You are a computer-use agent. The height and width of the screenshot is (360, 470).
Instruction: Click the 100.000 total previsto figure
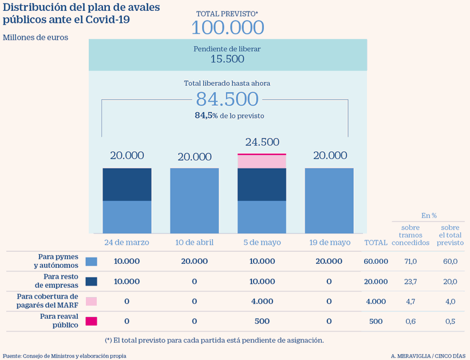pyautogui.click(x=227, y=27)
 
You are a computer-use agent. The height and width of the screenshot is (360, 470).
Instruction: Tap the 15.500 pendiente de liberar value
pyautogui.click(x=227, y=59)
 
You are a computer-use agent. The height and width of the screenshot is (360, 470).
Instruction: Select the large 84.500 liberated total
pyautogui.click(x=227, y=99)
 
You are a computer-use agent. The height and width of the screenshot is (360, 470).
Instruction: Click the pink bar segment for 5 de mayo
pyautogui.click(x=262, y=161)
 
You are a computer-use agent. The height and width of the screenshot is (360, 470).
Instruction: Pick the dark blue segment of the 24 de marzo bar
pyautogui.click(x=127, y=184)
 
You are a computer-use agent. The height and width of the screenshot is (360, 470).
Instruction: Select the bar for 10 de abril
pyautogui.click(x=195, y=200)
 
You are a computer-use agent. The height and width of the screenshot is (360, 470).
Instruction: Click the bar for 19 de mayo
pyautogui.click(x=329, y=200)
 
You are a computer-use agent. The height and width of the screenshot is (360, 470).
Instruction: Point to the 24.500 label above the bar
pyautogui.click(x=262, y=142)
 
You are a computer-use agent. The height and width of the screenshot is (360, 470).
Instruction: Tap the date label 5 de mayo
pyautogui.click(x=262, y=242)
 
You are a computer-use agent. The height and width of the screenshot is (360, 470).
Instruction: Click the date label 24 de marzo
pyautogui.click(x=127, y=242)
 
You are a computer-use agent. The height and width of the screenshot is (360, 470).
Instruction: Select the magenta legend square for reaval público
pyautogui.click(x=91, y=321)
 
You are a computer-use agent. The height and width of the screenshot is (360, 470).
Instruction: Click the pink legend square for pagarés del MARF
pyautogui.click(x=91, y=301)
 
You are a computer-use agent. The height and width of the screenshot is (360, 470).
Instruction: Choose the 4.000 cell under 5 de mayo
pyautogui.click(x=262, y=301)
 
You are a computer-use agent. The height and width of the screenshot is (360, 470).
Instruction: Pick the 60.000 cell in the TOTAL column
pyautogui.click(x=376, y=261)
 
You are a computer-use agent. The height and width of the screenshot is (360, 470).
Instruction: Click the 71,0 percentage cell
pyautogui.click(x=410, y=261)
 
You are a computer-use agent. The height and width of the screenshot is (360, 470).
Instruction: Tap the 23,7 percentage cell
pyautogui.click(x=410, y=281)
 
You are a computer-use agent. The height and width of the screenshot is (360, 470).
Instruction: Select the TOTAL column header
pyautogui.click(x=376, y=243)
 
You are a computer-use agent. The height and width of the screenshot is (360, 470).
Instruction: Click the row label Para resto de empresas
pyautogui.click(x=56, y=281)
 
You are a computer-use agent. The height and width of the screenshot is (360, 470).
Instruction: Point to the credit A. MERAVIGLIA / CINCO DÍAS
pyautogui.click(x=428, y=355)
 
